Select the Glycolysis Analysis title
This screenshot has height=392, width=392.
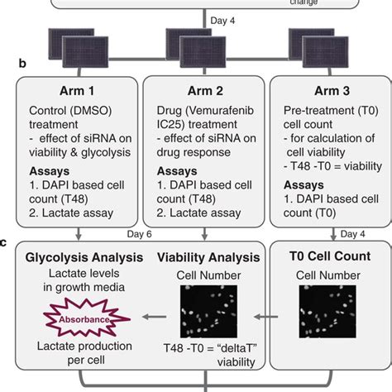(80, 256)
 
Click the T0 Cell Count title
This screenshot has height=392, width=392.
(325, 256)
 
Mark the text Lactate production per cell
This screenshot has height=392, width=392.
(79, 355)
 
